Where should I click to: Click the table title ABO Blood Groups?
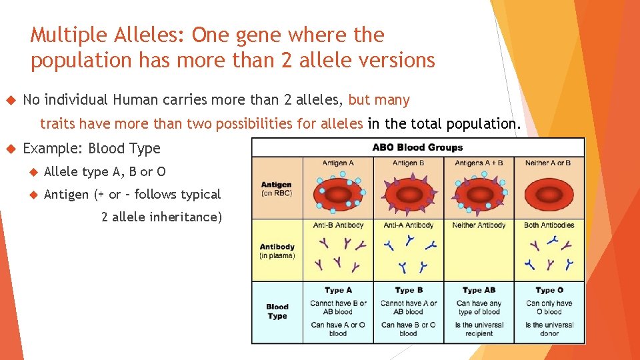(417, 147)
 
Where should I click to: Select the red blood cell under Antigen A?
(338, 192)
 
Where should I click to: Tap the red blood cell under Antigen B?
(408, 192)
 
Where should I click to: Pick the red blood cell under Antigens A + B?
(478, 192)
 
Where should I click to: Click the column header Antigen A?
(338, 163)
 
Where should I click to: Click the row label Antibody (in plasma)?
(277, 250)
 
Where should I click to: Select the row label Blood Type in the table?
(277, 311)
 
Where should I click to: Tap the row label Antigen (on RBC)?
(277, 189)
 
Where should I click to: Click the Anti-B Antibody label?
(338, 225)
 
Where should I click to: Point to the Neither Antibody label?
(479, 225)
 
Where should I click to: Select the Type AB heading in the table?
(478, 290)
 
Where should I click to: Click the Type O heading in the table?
(549, 290)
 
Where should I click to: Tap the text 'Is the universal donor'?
(549, 329)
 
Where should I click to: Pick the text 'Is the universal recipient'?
(479, 329)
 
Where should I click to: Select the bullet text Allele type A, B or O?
(105, 172)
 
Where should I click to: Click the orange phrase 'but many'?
(379, 101)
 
